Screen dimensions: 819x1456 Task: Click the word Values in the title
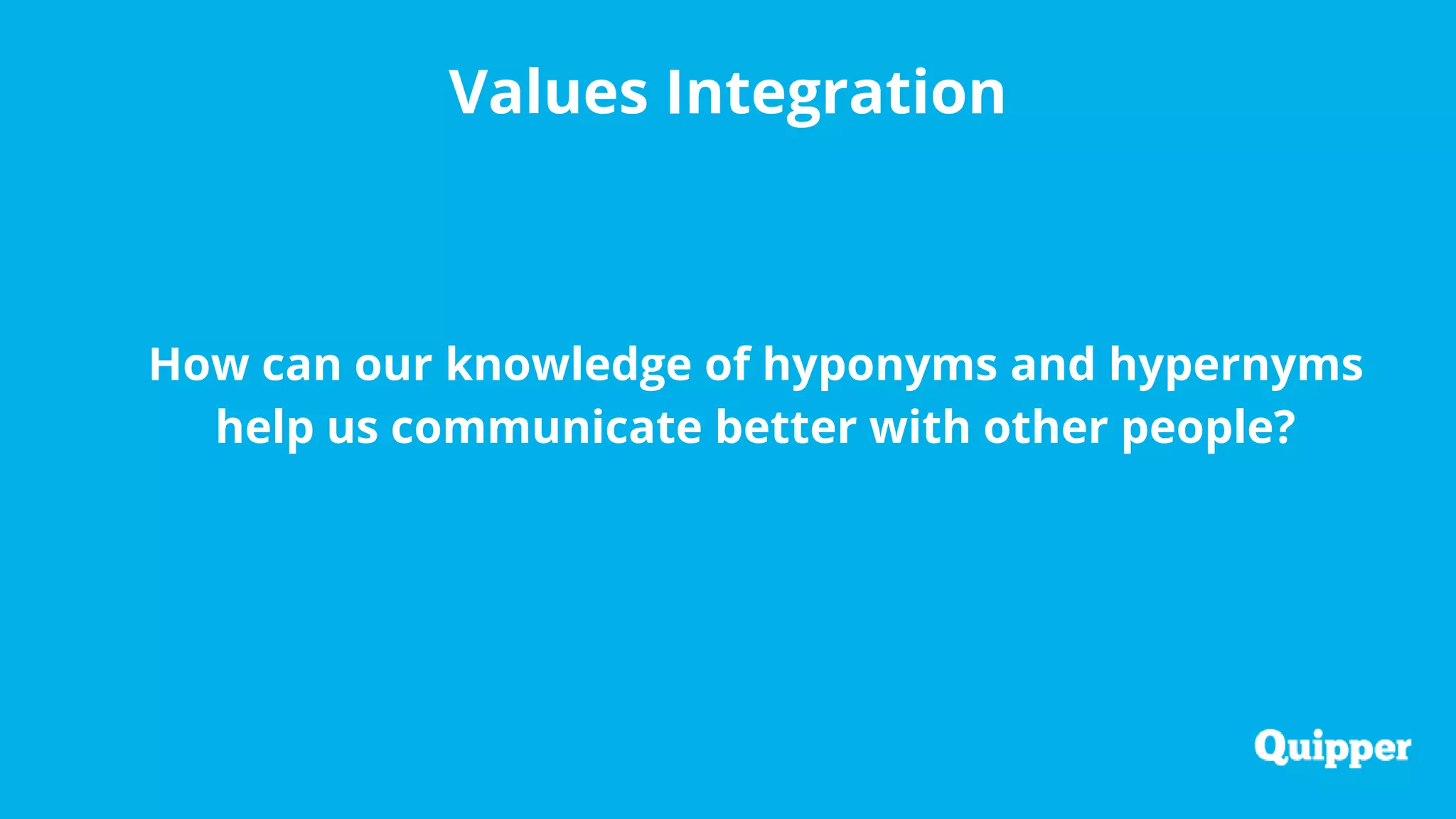click(x=548, y=92)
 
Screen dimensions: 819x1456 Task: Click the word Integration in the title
click(x=835, y=92)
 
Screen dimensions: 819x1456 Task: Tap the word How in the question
click(x=198, y=365)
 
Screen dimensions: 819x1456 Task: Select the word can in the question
click(x=301, y=365)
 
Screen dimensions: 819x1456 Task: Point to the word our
click(x=393, y=365)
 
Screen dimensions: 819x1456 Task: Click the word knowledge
click(x=569, y=365)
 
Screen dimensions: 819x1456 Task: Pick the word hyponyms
click(x=880, y=365)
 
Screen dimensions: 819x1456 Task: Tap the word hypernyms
click(x=1236, y=365)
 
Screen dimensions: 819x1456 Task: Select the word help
click(x=264, y=427)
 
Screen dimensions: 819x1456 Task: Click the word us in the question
click(x=353, y=427)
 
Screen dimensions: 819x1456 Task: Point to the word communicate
click(x=546, y=427)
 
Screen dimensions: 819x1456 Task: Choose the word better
click(x=786, y=427)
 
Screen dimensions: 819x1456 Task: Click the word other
click(x=1045, y=427)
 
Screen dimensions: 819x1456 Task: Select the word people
click(x=1197, y=427)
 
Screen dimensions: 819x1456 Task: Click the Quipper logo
click(x=1332, y=748)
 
